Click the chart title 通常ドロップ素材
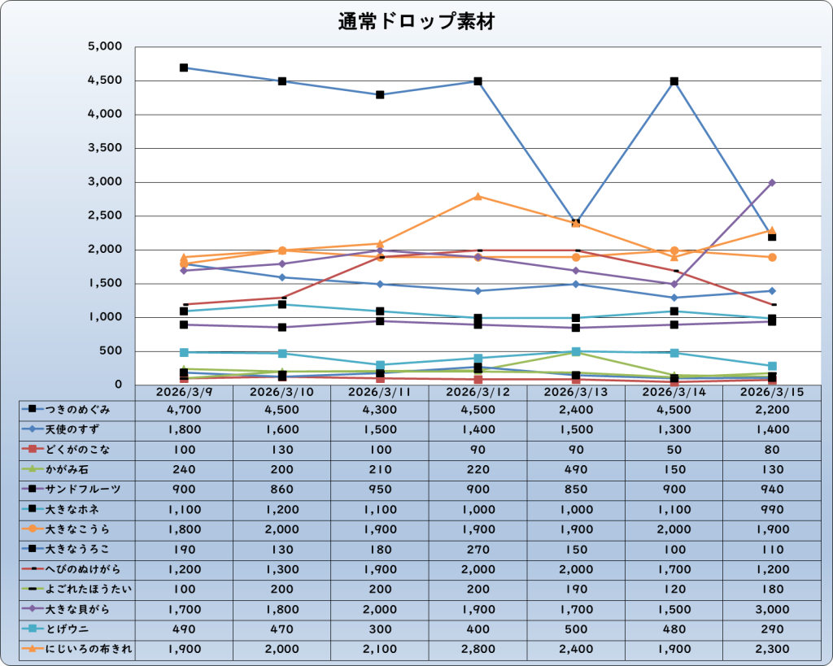[x=416, y=22]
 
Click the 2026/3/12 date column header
[x=478, y=392]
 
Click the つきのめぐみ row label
[x=78, y=409]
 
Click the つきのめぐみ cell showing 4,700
[x=184, y=409]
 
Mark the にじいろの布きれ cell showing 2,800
[x=478, y=649]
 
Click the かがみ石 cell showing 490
[x=575, y=469]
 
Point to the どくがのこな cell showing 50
[x=674, y=449]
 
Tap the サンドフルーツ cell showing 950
[x=380, y=489]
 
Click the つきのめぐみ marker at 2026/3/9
[x=184, y=67]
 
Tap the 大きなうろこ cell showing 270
[x=478, y=549]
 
